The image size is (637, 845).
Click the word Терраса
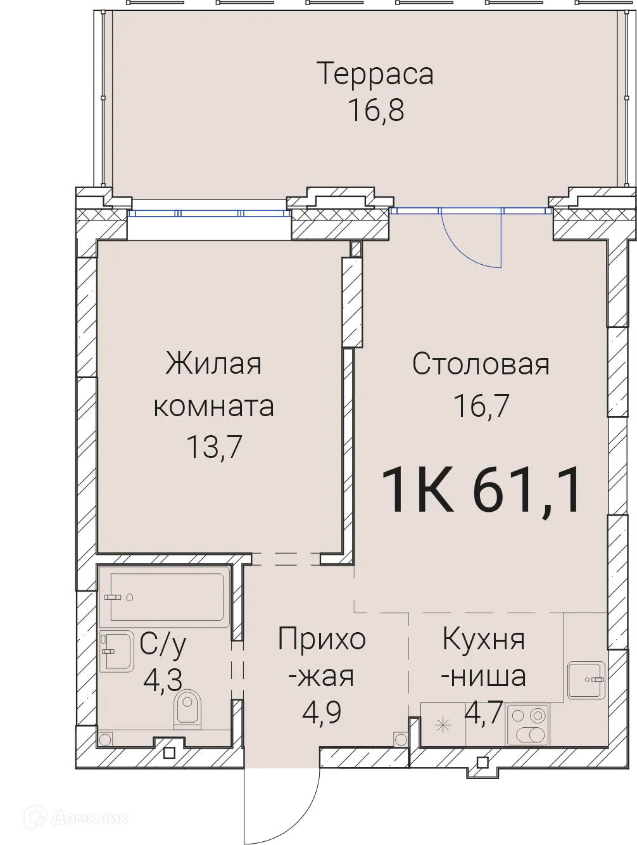375,73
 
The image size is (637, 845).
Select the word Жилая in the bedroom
213,365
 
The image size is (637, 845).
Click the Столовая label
481,364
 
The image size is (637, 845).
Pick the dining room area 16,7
481,405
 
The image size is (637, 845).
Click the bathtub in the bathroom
167,597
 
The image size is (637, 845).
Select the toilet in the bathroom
187,708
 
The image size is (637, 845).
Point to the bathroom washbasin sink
116,651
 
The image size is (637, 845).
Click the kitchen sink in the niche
587,680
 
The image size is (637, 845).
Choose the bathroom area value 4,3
163,680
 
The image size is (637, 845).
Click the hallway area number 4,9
322,712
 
